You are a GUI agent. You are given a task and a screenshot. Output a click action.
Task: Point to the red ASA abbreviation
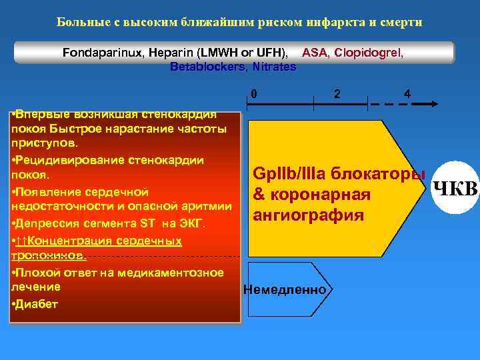315,52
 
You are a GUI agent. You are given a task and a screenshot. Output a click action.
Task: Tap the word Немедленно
285,290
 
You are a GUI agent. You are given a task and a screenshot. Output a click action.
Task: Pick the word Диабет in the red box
37,304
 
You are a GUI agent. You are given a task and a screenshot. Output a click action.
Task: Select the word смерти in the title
401,22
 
